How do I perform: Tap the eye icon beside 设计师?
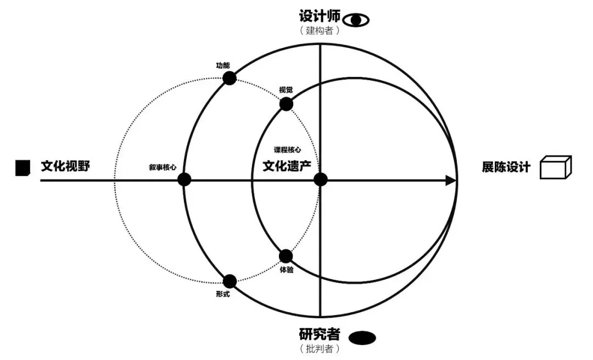[x=356, y=20]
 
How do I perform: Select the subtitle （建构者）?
[x=320, y=31]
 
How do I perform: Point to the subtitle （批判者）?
[x=320, y=349]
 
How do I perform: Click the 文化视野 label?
[x=65, y=166]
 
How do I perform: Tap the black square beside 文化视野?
[x=23, y=167]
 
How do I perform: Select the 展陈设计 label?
[x=506, y=167]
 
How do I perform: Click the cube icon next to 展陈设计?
[x=555, y=167]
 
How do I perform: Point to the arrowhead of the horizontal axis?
[x=451, y=180]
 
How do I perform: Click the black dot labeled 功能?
[x=230, y=78]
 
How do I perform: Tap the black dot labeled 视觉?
[x=286, y=104]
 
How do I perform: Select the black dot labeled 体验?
[x=286, y=256]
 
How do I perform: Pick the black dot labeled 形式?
[x=230, y=282]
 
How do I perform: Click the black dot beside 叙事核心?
[x=184, y=179]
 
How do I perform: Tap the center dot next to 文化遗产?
[x=321, y=179]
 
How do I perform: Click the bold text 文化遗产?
[x=287, y=165]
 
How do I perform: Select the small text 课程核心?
[x=287, y=149]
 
